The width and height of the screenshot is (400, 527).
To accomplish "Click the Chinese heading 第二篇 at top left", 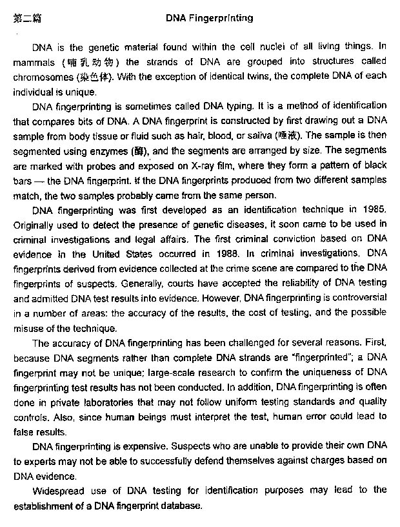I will (x=27, y=19).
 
